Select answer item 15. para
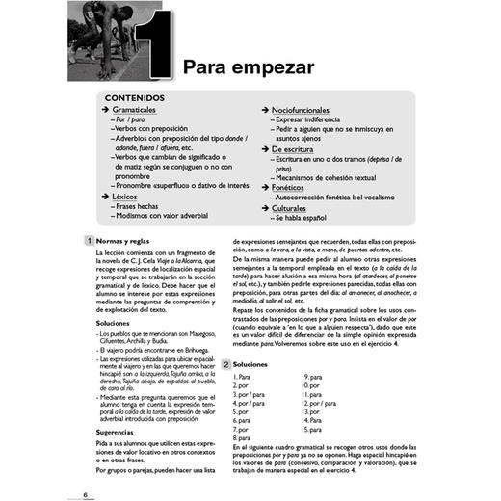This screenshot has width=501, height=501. point(312,429)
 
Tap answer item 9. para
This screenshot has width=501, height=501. point(313,376)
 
